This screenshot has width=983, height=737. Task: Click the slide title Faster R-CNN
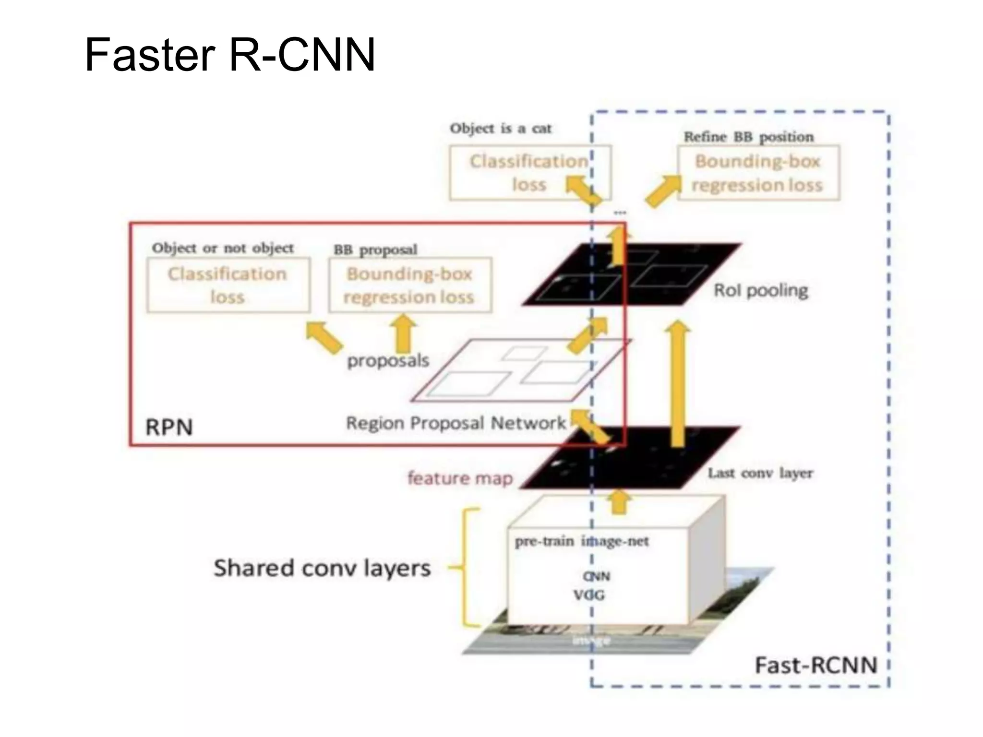[229, 55]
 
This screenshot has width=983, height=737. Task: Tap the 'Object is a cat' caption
[500, 129]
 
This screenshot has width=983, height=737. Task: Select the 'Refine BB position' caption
[748, 137]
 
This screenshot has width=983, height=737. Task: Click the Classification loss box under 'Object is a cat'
[529, 173]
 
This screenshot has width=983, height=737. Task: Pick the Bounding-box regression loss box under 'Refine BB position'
[758, 173]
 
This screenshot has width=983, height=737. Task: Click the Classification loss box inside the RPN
[228, 285]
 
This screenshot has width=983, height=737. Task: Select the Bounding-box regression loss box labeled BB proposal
[409, 285]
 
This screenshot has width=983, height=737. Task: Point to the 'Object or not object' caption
[223, 248]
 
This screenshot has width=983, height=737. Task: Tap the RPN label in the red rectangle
[169, 427]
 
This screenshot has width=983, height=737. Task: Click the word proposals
[388, 360]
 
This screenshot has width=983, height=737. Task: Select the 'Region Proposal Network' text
[456, 423]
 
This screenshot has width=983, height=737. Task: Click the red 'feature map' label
[460, 478]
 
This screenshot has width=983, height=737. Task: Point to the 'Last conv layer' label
[760, 473]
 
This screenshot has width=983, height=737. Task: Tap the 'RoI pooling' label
[761, 290]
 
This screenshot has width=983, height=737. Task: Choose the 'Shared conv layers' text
[322, 568]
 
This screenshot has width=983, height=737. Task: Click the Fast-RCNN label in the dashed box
[815, 665]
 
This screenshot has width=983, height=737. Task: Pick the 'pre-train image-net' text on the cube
[581, 541]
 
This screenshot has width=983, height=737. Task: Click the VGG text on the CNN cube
[589, 595]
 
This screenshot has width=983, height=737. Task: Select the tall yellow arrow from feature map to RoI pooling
[678, 384]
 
